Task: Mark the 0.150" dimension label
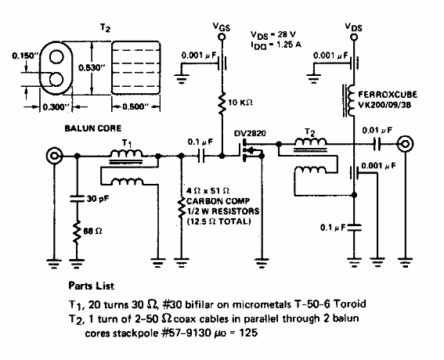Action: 15,55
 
